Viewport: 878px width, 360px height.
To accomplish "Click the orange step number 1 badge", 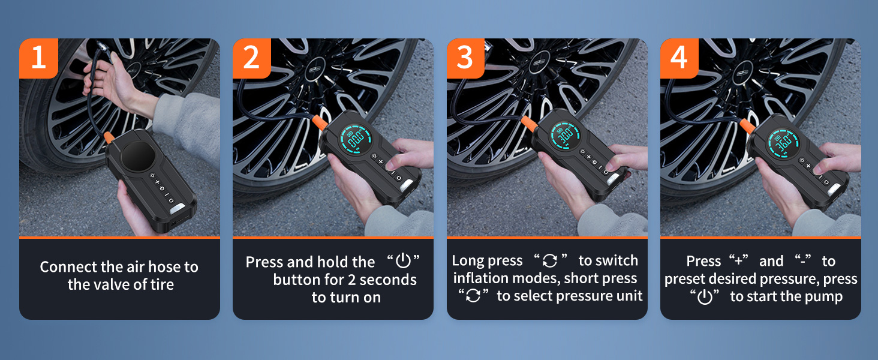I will tap(38, 58).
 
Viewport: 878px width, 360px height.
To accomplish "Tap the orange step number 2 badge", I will tap(252, 58).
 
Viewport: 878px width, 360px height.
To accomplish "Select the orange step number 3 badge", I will tap(465, 58).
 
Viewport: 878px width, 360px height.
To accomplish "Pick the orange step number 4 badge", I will tap(679, 58).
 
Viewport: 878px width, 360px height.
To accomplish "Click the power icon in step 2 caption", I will tap(403, 261).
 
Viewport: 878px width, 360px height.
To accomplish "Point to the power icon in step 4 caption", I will tap(705, 296).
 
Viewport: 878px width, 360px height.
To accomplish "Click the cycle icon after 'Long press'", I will tap(550, 260).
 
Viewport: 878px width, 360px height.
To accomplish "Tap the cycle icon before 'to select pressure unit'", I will tap(474, 295).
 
